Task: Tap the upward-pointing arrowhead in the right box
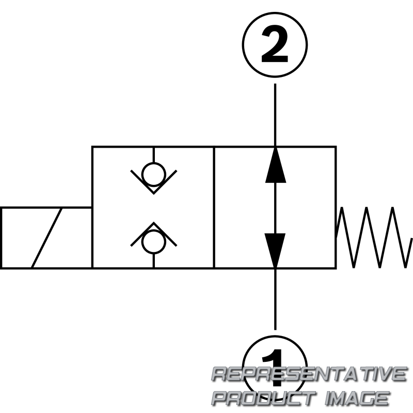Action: tap(275, 165)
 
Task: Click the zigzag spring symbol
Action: tap(374, 237)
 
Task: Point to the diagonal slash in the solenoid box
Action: tap(47, 237)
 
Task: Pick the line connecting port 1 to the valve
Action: tap(275, 299)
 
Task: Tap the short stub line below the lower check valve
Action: tap(153, 260)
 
